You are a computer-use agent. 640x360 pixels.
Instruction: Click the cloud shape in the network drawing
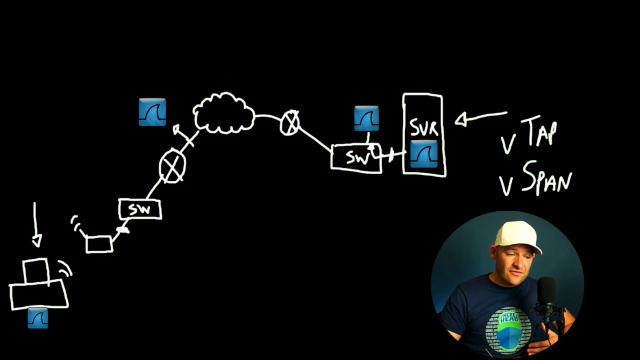coord(224,113)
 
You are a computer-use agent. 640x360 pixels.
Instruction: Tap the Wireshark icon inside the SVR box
coord(424,154)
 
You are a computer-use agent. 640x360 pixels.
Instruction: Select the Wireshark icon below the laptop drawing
coord(37,318)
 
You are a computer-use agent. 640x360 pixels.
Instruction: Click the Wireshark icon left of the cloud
coord(152,112)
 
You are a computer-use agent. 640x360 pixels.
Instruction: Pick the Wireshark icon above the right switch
coord(366,118)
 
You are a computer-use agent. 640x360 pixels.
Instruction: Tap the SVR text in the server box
coord(424,127)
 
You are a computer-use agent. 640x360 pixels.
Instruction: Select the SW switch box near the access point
coord(140,209)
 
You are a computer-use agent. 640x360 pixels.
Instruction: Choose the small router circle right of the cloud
coord(289,122)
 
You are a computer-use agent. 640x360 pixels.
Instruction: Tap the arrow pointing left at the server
coord(479,117)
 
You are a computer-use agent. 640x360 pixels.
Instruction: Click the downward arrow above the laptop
coord(36,224)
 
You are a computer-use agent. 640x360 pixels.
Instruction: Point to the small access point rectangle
coord(99,244)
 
